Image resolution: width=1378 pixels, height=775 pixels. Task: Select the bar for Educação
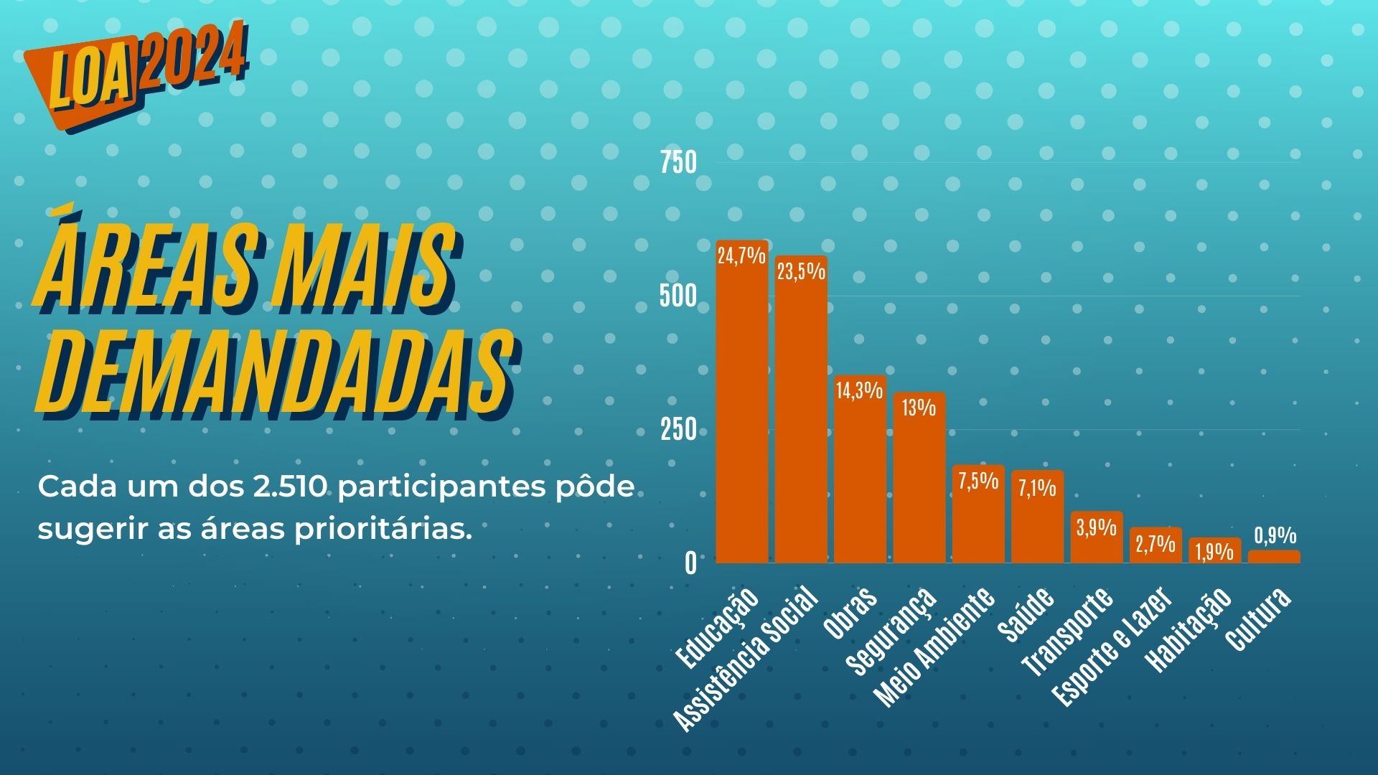click(741, 409)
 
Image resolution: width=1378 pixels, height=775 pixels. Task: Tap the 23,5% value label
click(801, 271)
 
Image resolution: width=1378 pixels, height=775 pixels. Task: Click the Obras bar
click(860, 474)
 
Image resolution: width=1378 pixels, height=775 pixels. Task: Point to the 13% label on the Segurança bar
click(919, 408)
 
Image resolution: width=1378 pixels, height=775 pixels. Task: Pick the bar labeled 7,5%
click(978, 517)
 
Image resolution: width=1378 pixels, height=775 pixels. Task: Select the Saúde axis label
click(1026, 614)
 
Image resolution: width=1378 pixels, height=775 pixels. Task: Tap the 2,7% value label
click(1156, 543)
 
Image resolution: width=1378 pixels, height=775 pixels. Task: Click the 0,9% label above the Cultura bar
click(1275, 535)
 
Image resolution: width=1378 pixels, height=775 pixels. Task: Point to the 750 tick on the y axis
click(678, 163)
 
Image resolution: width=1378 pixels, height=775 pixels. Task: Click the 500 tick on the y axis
click(678, 296)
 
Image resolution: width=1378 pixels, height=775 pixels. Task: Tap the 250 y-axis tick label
click(678, 429)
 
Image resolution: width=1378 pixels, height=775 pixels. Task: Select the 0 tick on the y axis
click(690, 563)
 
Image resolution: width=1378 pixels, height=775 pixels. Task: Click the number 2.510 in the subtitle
click(291, 487)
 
